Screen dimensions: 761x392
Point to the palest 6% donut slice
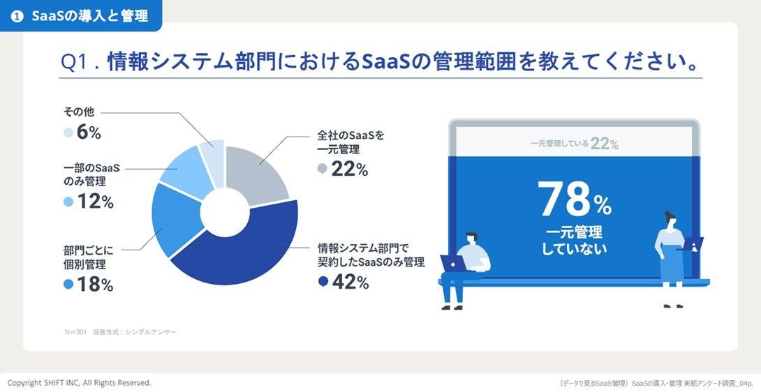[214, 161]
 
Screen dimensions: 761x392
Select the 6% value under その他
[89, 133]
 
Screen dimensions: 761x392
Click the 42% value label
[350, 282]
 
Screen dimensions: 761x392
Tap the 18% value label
[95, 285]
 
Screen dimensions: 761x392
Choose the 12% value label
[95, 202]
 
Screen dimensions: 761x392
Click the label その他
[79, 112]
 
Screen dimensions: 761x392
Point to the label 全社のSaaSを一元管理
[350, 142]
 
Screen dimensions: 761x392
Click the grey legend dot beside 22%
[323, 169]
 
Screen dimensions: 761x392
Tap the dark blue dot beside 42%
[323, 281]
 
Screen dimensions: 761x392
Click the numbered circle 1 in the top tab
[17, 16]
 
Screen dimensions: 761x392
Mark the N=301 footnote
[75, 332]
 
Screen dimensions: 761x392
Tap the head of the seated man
[471, 239]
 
